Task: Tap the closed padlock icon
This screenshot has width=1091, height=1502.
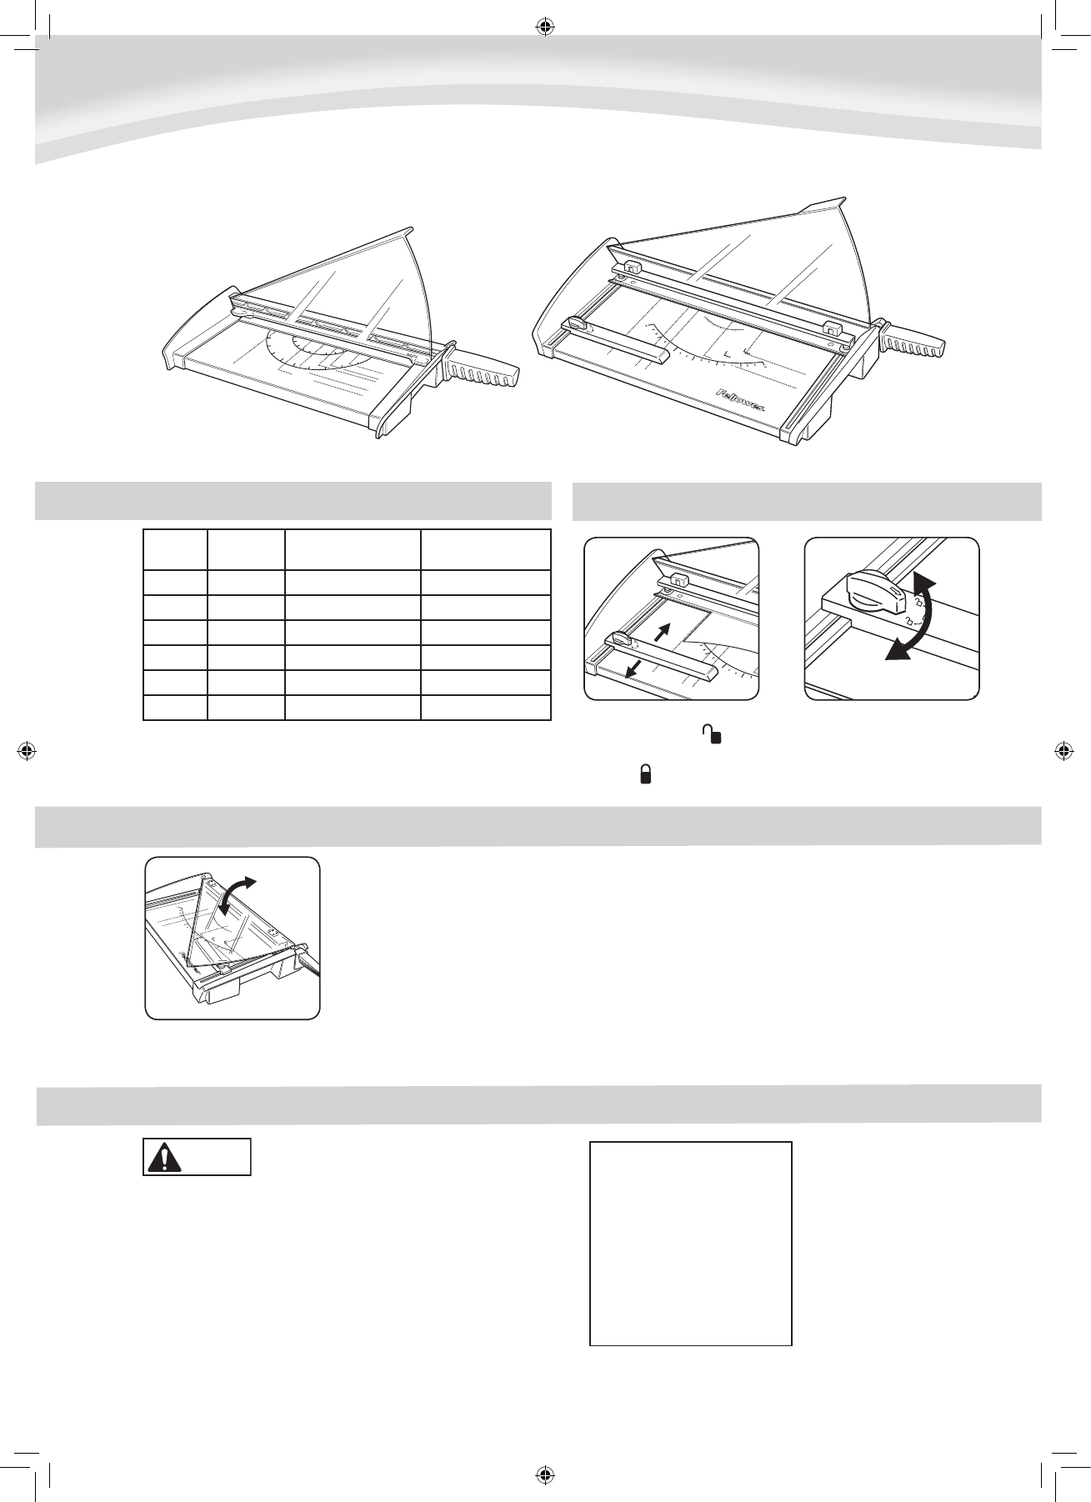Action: (x=645, y=775)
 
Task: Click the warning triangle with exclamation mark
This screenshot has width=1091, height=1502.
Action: (x=164, y=1158)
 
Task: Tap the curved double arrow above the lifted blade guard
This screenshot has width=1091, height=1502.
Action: (x=238, y=894)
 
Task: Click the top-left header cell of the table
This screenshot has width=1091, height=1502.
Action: (x=175, y=548)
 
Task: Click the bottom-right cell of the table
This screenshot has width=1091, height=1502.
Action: (x=485, y=708)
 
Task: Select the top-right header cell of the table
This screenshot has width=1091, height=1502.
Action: (x=485, y=548)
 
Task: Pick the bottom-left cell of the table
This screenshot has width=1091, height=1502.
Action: (x=175, y=708)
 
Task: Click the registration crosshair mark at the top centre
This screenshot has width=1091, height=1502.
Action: (x=545, y=27)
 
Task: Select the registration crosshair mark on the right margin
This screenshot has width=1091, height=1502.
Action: (x=1063, y=749)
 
